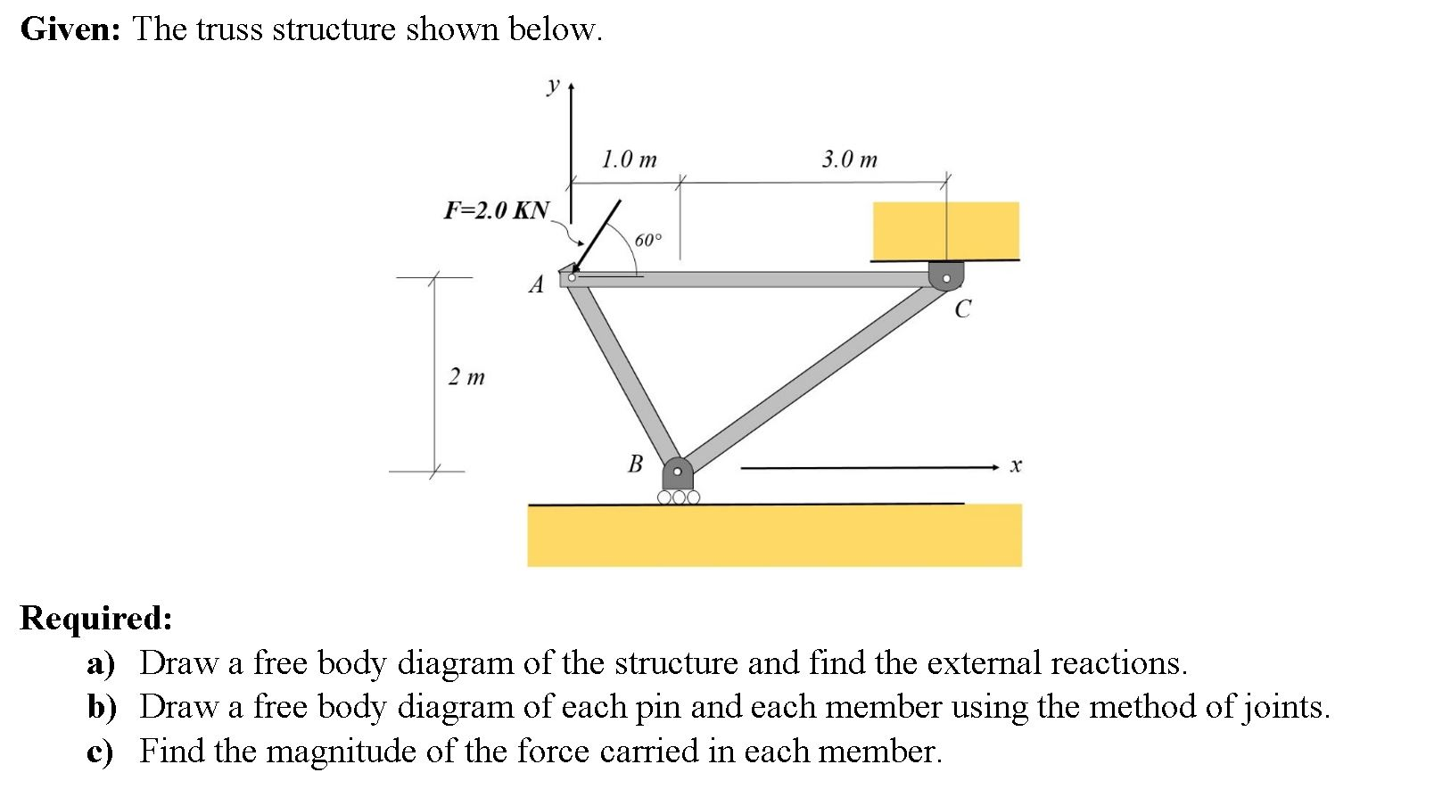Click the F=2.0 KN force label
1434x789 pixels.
(x=497, y=210)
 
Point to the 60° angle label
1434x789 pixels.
(x=648, y=240)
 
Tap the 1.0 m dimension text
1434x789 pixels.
(x=629, y=160)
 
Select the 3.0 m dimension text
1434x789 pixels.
(x=849, y=160)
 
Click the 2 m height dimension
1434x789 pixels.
(x=466, y=377)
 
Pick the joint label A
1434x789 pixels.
(x=536, y=285)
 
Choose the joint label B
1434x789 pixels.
(x=636, y=464)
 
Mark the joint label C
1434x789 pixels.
(x=962, y=309)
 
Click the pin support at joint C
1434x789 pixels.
(x=946, y=276)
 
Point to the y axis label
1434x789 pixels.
(x=553, y=86)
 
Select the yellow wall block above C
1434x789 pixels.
(x=945, y=230)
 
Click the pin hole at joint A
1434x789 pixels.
(x=572, y=277)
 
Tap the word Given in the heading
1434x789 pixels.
(x=70, y=29)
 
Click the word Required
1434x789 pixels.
(x=95, y=617)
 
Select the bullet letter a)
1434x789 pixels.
(x=102, y=663)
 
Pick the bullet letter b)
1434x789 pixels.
(x=103, y=707)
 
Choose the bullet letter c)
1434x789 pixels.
(x=101, y=752)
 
